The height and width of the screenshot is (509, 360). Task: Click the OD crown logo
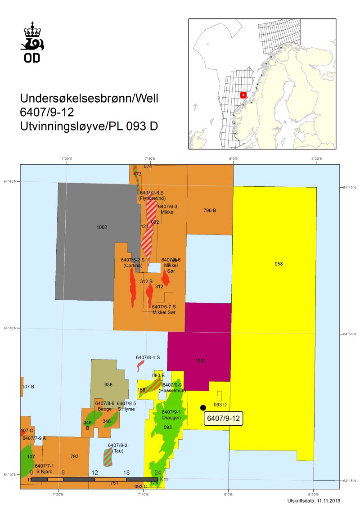pos(32,41)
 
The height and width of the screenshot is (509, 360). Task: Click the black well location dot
pos(203,408)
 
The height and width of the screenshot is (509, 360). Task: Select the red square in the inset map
pos(243,95)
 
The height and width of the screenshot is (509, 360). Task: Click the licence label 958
pos(279,264)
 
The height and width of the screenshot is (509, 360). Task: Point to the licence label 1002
pos(102,227)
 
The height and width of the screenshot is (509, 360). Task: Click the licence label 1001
pos(201,360)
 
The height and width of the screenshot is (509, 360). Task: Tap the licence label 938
pos(108,384)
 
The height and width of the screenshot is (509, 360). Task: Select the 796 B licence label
pos(210,210)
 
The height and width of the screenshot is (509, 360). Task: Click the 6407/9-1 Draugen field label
pos(171,415)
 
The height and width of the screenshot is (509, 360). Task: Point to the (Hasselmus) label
pos(172,391)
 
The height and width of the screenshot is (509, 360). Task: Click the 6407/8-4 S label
pos(148,357)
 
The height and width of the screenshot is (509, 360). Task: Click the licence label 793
pos(75,456)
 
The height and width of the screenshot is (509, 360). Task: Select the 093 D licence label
pos(220,405)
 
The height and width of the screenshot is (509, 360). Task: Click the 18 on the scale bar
pos(126,473)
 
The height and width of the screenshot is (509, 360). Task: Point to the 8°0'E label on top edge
pos(233,159)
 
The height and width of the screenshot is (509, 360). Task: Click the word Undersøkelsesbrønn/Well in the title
pos(89,99)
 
